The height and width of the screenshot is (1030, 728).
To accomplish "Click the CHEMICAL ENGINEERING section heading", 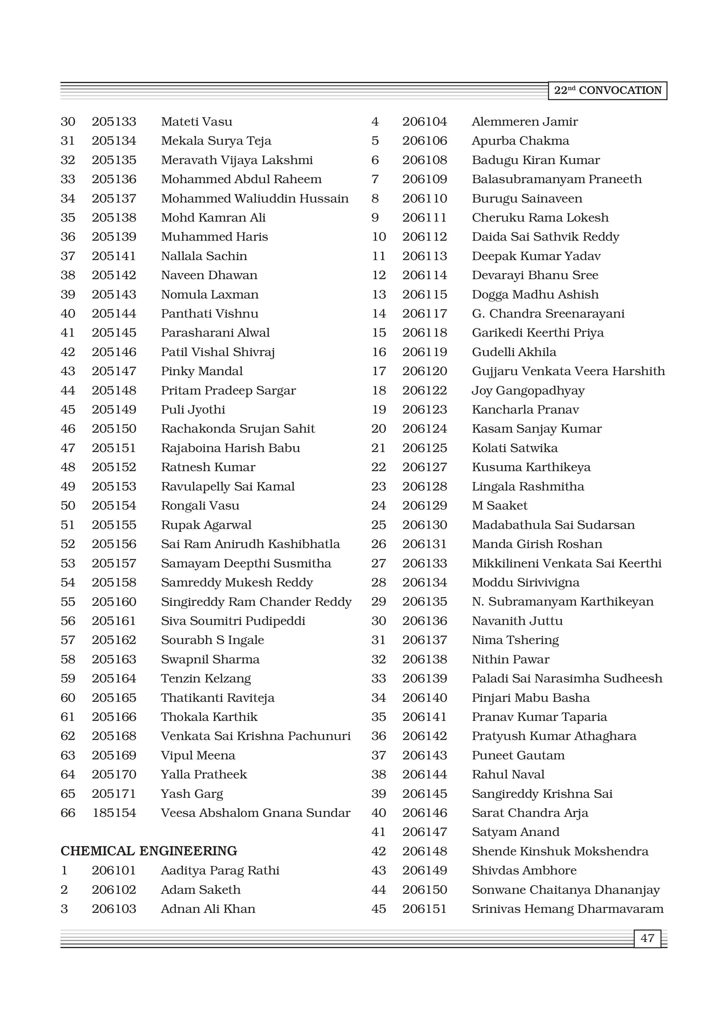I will coord(149,851).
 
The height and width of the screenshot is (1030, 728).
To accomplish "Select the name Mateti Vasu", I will coord(196,122).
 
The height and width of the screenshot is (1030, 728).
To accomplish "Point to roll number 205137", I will coord(114,198).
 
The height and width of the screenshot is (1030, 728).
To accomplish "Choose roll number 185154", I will coord(114,813).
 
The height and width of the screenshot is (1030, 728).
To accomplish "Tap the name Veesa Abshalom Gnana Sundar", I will coord(255,813).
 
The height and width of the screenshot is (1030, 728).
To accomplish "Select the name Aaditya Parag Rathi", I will coord(220,870).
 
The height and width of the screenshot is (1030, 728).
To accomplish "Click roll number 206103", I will coord(114,909).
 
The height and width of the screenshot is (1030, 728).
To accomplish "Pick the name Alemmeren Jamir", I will coord(524,122).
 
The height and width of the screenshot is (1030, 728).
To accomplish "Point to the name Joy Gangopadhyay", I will coord(528,390).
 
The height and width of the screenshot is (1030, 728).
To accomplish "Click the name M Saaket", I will coord(499,505).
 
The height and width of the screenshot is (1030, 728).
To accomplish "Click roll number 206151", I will coord(424,909).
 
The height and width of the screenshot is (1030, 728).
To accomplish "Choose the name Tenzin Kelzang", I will coord(205,678).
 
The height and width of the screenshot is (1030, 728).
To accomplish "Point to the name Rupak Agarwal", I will coord(206,525).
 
